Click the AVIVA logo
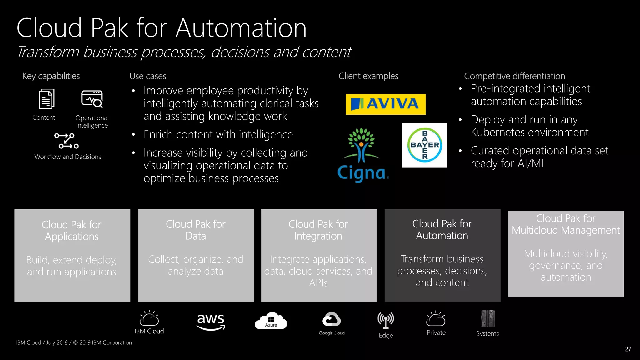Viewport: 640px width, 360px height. pos(385,104)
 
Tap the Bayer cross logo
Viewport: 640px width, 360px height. pos(425,145)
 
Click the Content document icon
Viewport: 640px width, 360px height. pos(47,99)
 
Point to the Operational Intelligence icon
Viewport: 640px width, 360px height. pos(92,99)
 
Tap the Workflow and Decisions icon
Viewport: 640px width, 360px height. pos(66,141)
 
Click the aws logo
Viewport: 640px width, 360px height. pos(211,321)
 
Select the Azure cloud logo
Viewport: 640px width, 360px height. pos(271,321)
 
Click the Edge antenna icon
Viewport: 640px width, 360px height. pos(386,320)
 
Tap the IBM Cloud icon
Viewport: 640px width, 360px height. pos(149,318)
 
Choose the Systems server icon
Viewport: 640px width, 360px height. pos(487,318)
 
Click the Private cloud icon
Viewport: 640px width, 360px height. pos(436,319)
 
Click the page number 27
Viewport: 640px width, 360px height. pos(628,349)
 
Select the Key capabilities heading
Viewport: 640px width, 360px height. pos(51,76)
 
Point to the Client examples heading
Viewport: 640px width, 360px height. pos(368,76)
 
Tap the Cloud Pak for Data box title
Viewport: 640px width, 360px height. pos(196,230)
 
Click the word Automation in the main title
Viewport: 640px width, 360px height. pos(241,28)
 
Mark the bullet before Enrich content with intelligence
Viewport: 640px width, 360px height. pos(133,135)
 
